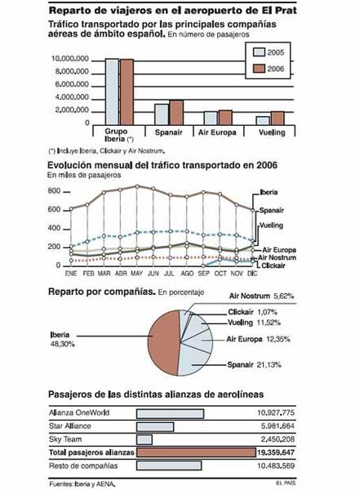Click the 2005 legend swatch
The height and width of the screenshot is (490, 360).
(257, 51)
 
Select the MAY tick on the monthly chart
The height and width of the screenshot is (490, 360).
(137, 275)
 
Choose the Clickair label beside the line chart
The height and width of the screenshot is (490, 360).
(273, 266)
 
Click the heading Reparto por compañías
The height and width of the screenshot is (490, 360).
(101, 291)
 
